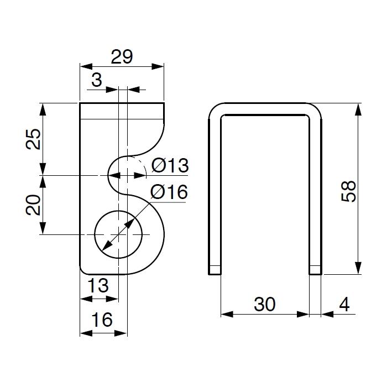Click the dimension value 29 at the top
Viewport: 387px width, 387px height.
(x=122, y=57)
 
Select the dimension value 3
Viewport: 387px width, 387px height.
(x=97, y=80)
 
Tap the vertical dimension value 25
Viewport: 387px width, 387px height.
(x=33, y=139)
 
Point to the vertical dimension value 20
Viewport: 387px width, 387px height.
(x=33, y=205)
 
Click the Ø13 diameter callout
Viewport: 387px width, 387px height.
(x=170, y=165)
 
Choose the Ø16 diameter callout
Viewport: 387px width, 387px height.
(x=169, y=192)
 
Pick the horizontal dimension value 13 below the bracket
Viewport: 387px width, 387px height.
(x=98, y=285)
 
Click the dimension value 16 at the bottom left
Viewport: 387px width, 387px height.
(x=102, y=320)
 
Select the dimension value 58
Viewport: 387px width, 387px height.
(x=348, y=191)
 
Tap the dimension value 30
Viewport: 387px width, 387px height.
(x=265, y=304)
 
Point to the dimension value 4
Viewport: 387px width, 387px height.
(x=344, y=304)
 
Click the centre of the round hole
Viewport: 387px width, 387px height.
(x=118, y=234)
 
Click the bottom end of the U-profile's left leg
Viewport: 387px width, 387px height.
(x=215, y=274)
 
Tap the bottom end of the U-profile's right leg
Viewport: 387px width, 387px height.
(x=316, y=274)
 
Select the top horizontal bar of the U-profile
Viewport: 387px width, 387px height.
(x=265, y=108)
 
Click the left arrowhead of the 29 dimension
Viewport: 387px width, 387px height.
(x=86, y=66)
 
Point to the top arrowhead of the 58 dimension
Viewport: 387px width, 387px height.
(x=358, y=109)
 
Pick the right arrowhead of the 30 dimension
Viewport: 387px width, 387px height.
(x=303, y=314)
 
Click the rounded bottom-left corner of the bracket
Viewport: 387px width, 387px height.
(x=82, y=271)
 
